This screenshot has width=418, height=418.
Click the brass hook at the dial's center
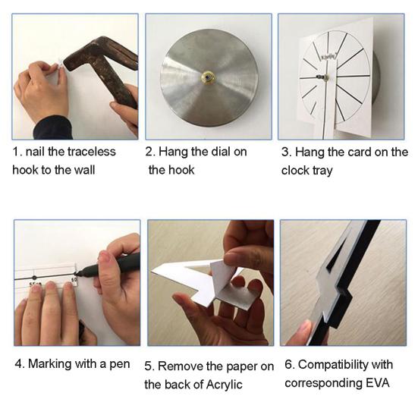point(208,77)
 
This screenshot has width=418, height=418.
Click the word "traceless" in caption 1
point(92,152)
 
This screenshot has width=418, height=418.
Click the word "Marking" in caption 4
point(49,364)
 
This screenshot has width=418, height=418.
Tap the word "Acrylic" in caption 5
point(225,385)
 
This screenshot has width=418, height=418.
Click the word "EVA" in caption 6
point(378,383)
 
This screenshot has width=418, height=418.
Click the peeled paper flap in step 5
point(223,277)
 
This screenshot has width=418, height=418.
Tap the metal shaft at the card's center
point(322,77)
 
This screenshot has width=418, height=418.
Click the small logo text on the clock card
point(328,56)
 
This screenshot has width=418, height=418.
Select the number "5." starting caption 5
point(149,366)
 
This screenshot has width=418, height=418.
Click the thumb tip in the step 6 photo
point(305,326)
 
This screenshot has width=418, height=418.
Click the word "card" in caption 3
point(360,152)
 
